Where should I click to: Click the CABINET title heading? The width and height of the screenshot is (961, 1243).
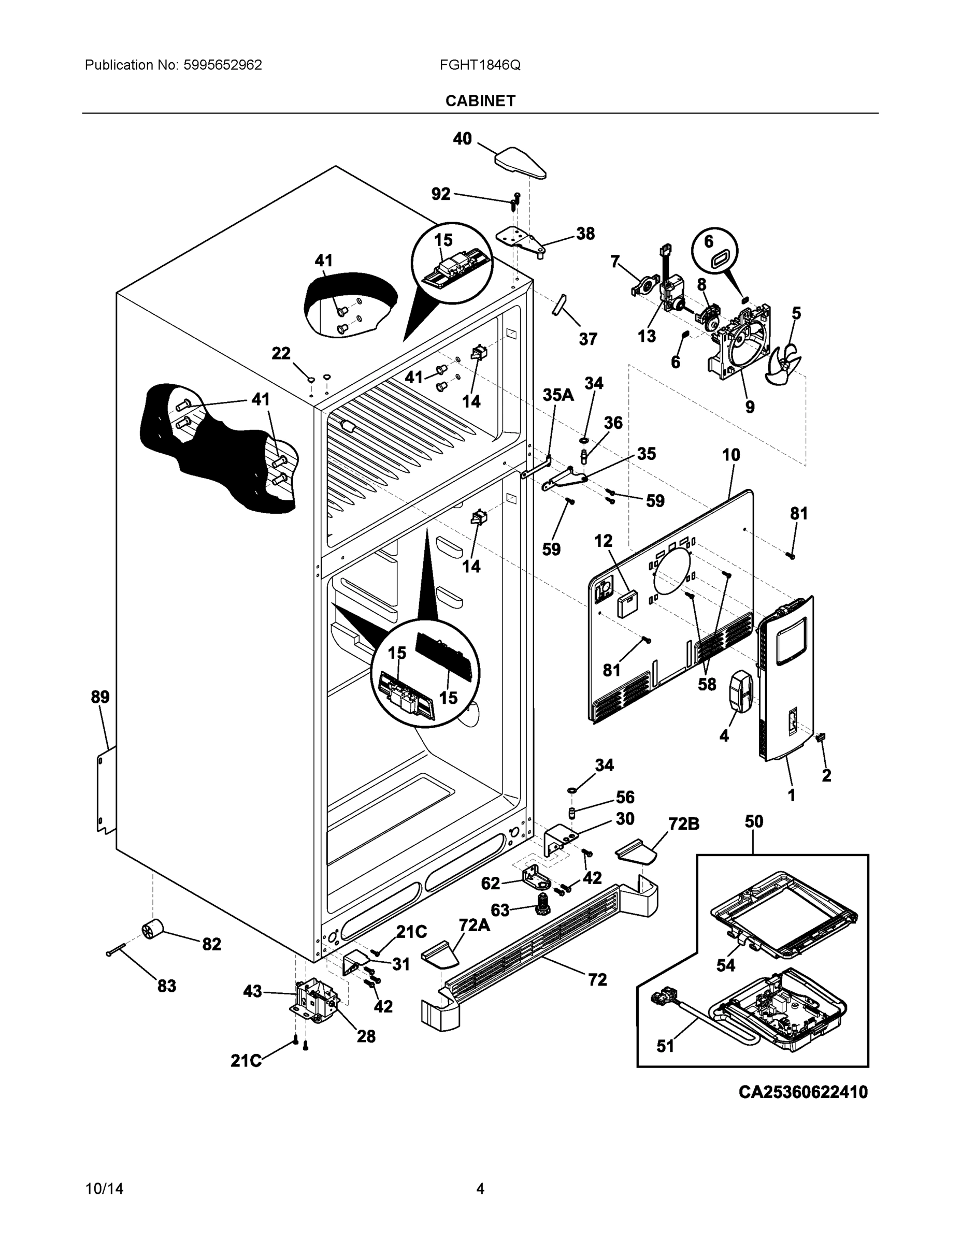point(480,101)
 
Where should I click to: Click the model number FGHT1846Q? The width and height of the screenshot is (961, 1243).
point(479,65)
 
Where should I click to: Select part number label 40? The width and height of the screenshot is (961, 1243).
point(462,138)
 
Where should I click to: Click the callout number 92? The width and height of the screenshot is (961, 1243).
point(441,194)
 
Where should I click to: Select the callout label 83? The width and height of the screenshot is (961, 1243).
point(166,986)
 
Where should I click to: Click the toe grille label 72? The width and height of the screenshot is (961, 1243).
point(597,979)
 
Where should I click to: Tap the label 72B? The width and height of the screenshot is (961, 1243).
point(683,823)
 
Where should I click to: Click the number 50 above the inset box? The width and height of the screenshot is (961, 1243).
point(754,821)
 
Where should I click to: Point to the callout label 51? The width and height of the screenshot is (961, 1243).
point(665,1046)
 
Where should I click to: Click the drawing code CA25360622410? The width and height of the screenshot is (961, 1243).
point(802,1092)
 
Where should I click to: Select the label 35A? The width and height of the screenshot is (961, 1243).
point(558,395)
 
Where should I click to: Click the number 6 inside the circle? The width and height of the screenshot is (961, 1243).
point(708,241)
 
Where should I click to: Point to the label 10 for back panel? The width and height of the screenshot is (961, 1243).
point(731,455)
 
